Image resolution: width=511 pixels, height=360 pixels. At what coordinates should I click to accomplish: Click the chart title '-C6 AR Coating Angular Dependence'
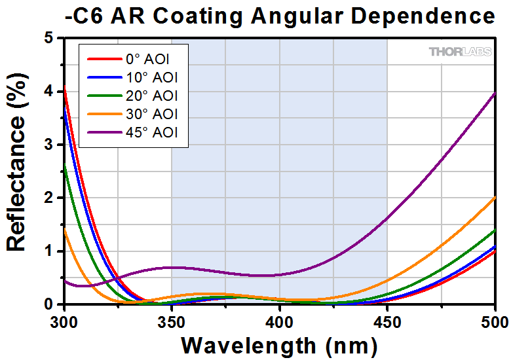[x=280, y=15]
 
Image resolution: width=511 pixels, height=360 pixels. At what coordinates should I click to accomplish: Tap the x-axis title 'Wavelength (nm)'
[x=279, y=344]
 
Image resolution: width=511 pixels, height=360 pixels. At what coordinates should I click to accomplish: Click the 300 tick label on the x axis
[x=64, y=321]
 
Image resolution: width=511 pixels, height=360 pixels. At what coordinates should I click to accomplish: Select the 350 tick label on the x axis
[x=172, y=321]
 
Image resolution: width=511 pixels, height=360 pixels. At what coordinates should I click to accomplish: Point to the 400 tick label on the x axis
[x=280, y=321]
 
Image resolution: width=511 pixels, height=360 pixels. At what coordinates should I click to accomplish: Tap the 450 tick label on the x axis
[x=387, y=321]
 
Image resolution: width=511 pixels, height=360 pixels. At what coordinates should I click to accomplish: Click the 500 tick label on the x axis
[x=495, y=321]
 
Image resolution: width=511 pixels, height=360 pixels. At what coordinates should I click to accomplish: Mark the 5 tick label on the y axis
[x=49, y=39]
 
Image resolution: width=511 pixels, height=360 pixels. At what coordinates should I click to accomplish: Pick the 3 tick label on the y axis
[x=49, y=145]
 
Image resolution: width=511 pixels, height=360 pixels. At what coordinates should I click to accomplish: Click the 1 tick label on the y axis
[x=49, y=251]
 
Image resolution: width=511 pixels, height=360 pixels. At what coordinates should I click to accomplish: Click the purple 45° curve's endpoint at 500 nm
[x=495, y=94]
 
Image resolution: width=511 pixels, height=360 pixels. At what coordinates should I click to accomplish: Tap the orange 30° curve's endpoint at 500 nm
[x=495, y=196]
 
